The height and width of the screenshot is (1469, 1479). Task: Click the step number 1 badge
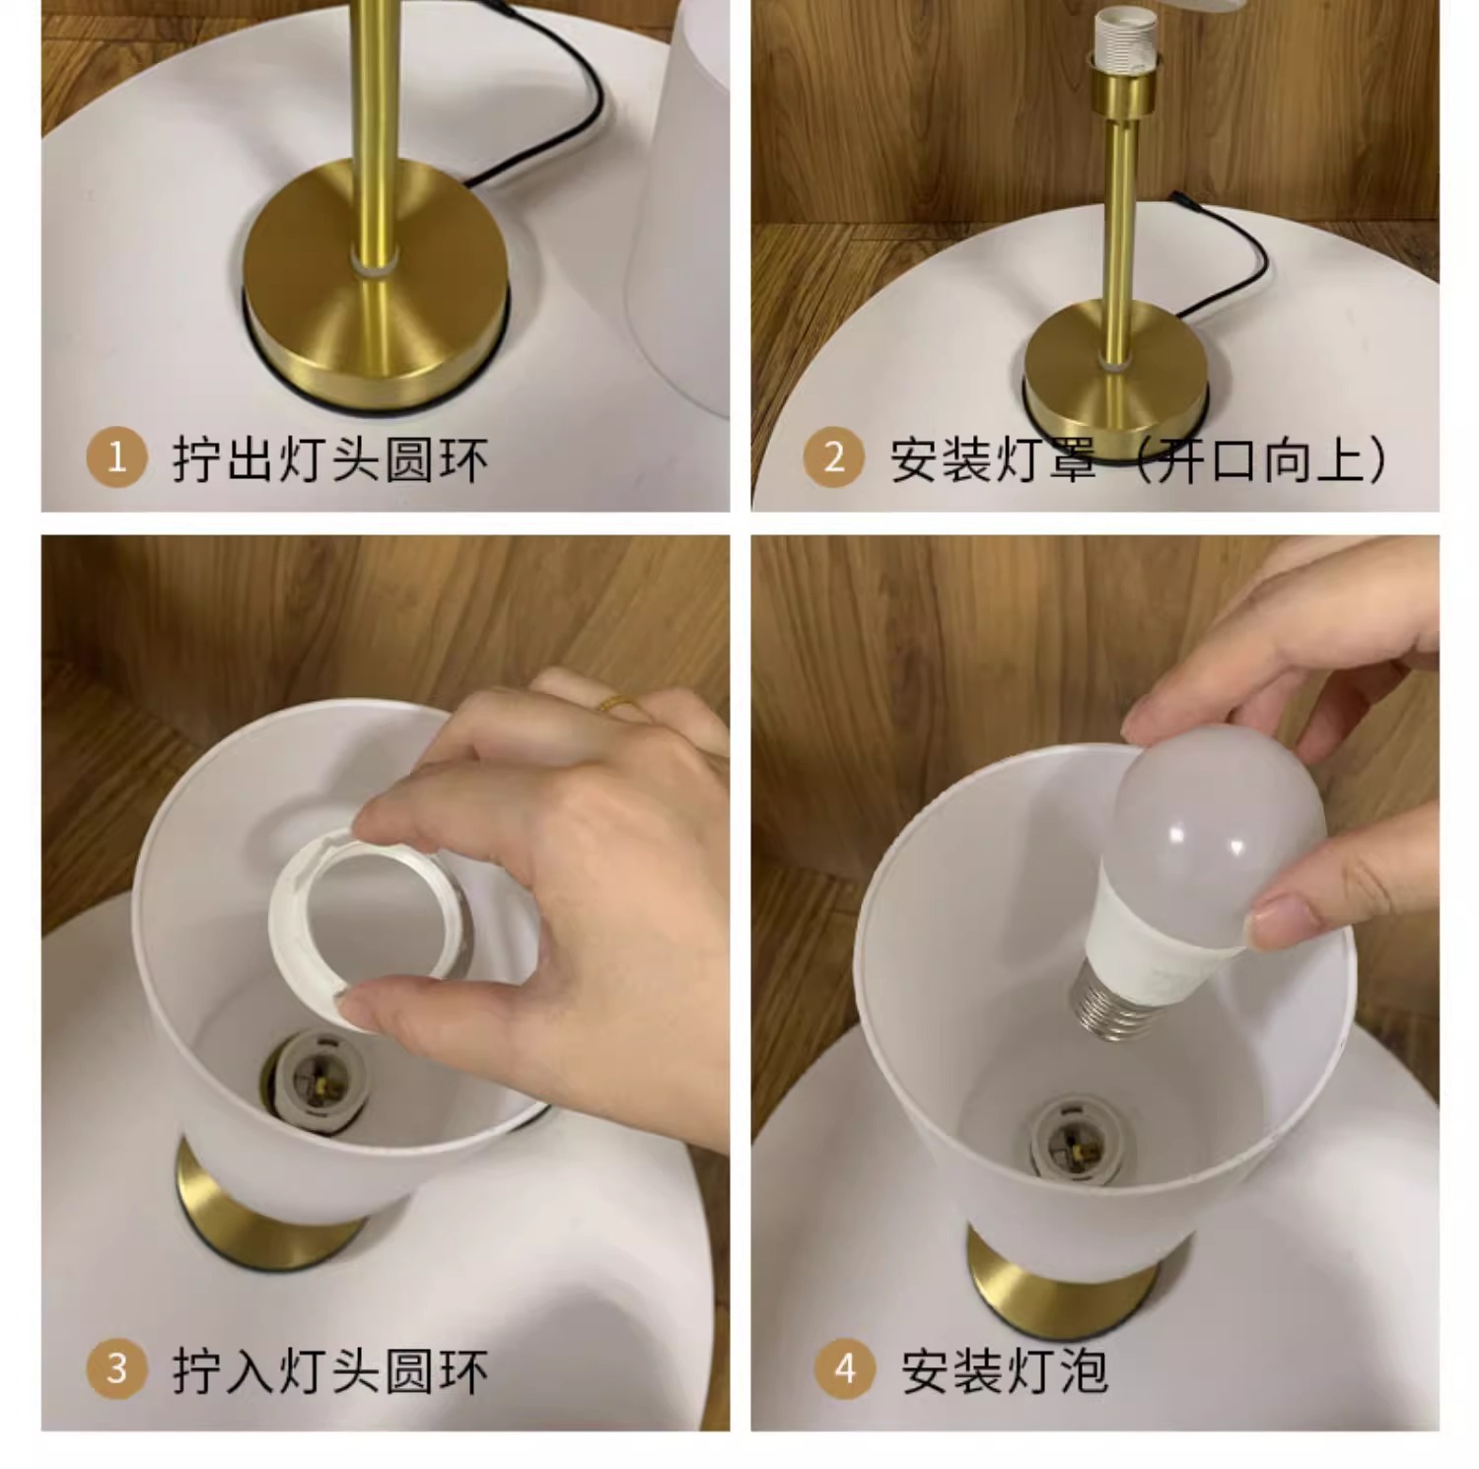116,458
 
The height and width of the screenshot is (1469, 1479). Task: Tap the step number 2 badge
834,458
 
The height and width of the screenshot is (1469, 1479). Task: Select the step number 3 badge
116,1369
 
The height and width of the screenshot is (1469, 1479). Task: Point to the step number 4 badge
845,1369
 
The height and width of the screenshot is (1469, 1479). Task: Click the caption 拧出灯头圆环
330,459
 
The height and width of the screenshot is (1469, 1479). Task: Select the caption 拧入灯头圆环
330,1370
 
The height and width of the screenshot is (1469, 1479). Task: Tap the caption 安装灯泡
1005,1370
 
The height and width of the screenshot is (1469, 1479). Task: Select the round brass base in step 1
376,296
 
